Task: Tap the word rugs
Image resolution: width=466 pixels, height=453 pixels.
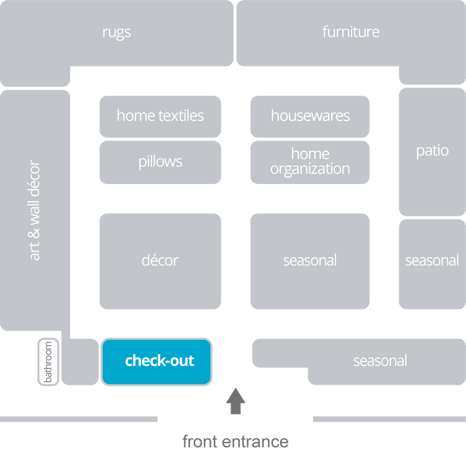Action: coord(116,32)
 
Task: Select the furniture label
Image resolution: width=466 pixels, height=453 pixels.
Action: coord(350,32)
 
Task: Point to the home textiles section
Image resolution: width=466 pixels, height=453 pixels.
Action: coord(160,116)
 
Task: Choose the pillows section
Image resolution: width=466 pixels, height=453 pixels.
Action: coord(160,162)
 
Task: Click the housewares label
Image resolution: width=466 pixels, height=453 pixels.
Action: coord(310,116)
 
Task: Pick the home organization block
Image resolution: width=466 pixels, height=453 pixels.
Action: coord(310,162)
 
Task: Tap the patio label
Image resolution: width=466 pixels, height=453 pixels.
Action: coord(432,150)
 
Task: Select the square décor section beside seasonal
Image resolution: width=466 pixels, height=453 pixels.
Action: coord(160,260)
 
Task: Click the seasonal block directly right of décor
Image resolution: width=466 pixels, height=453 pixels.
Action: coord(310,260)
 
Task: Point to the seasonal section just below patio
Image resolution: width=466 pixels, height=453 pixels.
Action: coord(432,260)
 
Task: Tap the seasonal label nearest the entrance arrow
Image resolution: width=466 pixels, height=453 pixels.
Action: coord(380,360)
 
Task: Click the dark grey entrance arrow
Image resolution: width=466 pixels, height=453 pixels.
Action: coord(235,401)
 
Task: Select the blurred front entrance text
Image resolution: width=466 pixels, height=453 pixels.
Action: coord(235,442)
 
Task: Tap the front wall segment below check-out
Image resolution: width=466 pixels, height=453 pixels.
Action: coord(79,419)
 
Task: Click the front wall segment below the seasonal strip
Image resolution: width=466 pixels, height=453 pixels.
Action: coord(388,419)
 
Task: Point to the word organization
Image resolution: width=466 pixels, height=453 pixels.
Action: coord(310,169)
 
